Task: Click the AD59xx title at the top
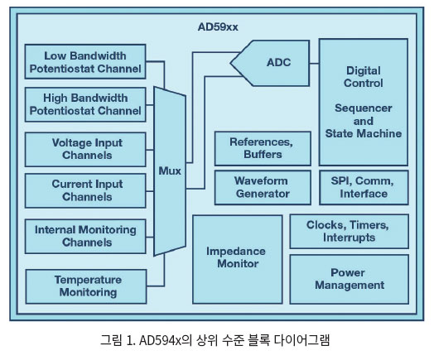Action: pos(218,26)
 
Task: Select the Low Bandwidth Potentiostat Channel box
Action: pos(85,62)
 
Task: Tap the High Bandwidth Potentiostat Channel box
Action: pos(85,104)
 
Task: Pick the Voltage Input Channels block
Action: pos(85,149)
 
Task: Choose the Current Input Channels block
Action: pos(85,190)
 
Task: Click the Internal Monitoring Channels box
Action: pos(85,237)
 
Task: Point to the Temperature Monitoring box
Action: pos(86,286)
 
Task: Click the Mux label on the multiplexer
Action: pos(170,170)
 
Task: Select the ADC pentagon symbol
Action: pos(270,64)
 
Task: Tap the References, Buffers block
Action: pos(263,148)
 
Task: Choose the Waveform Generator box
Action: pos(263,188)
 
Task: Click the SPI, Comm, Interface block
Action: pos(364,188)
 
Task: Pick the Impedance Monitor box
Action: pos(238,259)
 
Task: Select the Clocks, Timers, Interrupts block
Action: pos(349,232)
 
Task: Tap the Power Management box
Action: pos(349,279)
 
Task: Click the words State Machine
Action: pos(364,133)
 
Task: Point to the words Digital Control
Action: pos(364,77)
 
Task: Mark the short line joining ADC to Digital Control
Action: pos(315,64)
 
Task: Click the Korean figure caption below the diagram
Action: pos(215,340)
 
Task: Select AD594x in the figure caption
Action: pos(160,340)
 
